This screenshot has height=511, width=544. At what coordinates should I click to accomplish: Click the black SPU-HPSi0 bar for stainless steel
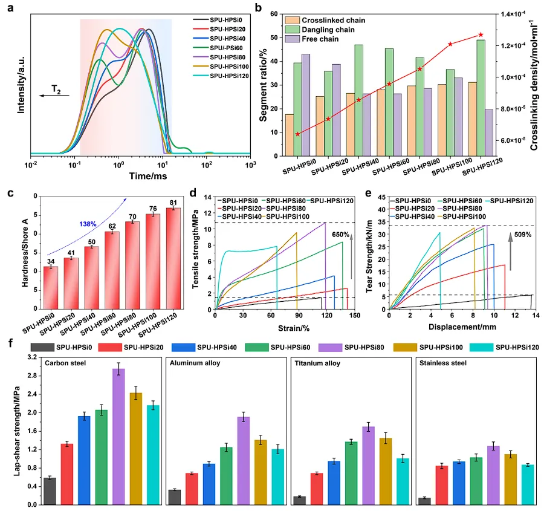coord(425,501)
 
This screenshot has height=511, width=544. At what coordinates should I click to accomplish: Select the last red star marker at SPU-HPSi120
coord(481,34)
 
